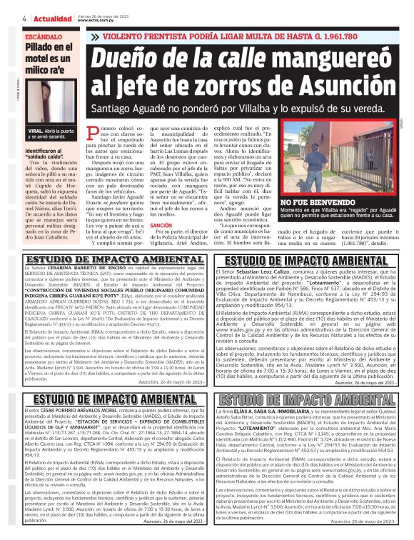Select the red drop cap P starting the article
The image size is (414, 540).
(108, 133)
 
